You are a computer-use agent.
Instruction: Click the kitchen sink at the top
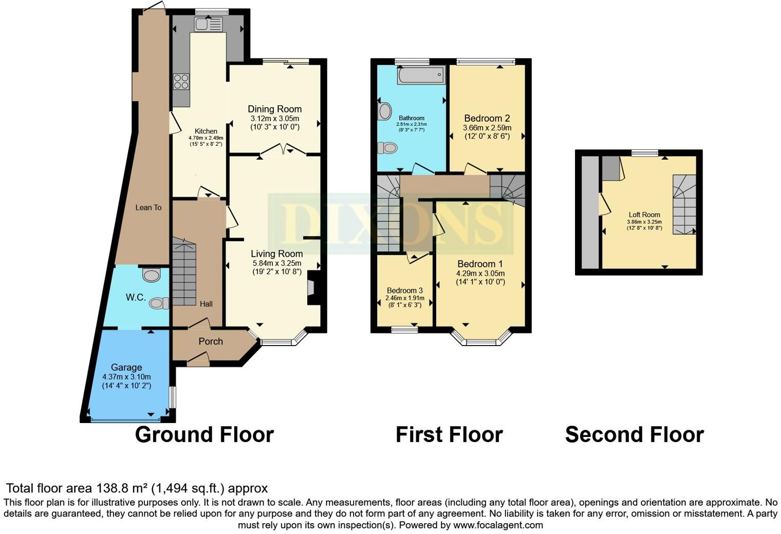[208, 24]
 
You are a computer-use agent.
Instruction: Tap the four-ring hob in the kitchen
[181, 82]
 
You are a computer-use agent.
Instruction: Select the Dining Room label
[274, 109]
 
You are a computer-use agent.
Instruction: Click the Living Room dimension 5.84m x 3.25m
[276, 263]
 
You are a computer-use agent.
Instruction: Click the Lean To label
[148, 207]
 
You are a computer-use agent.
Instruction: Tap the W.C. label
[136, 297]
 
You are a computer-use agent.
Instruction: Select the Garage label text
[126, 367]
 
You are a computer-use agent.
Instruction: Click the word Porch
[211, 341]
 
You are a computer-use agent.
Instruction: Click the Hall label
[206, 304]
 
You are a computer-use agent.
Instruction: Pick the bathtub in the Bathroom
[421, 75]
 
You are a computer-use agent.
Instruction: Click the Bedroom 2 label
[487, 118]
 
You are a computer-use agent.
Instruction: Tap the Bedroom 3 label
[405, 291]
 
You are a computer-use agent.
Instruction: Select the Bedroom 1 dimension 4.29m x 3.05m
[480, 273]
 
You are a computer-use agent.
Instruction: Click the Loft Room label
[644, 215]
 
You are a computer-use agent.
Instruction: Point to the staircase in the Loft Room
[684, 204]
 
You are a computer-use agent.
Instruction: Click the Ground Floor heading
[204, 434]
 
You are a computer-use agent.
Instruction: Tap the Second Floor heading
[634, 434]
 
